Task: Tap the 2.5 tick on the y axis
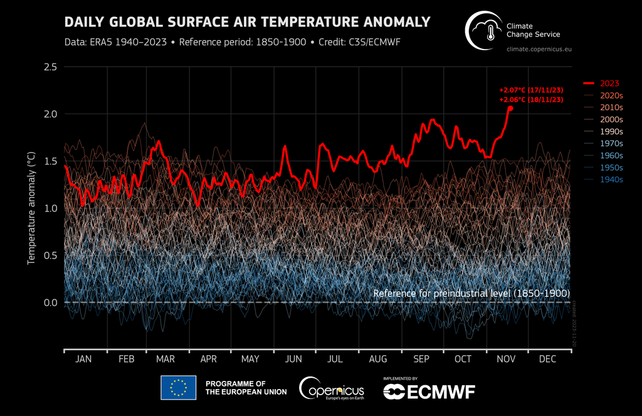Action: pos(50,67)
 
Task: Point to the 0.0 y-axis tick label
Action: pos(50,302)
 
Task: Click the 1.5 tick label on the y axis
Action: pos(50,161)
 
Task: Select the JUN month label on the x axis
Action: pos(293,359)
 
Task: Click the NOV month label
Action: pos(506,359)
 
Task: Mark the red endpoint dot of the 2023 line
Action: pos(510,108)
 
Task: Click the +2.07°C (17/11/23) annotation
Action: pos(531,90)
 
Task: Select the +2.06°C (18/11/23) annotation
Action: pos(531,100)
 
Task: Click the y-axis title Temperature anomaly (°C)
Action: pos(31,206)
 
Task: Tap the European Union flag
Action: pos(178,388)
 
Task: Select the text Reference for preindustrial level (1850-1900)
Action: pos(471,293)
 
